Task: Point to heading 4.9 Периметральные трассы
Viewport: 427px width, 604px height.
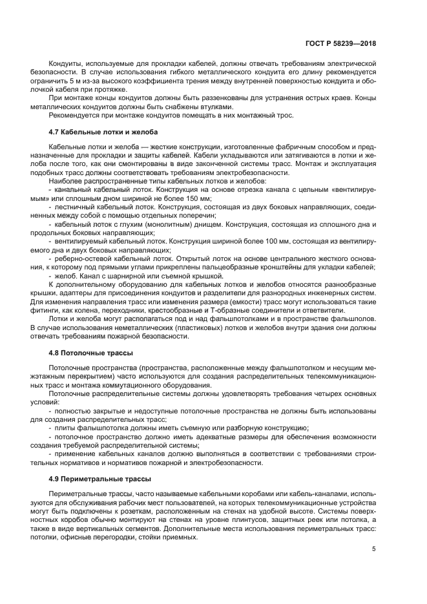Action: pos(91,479)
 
